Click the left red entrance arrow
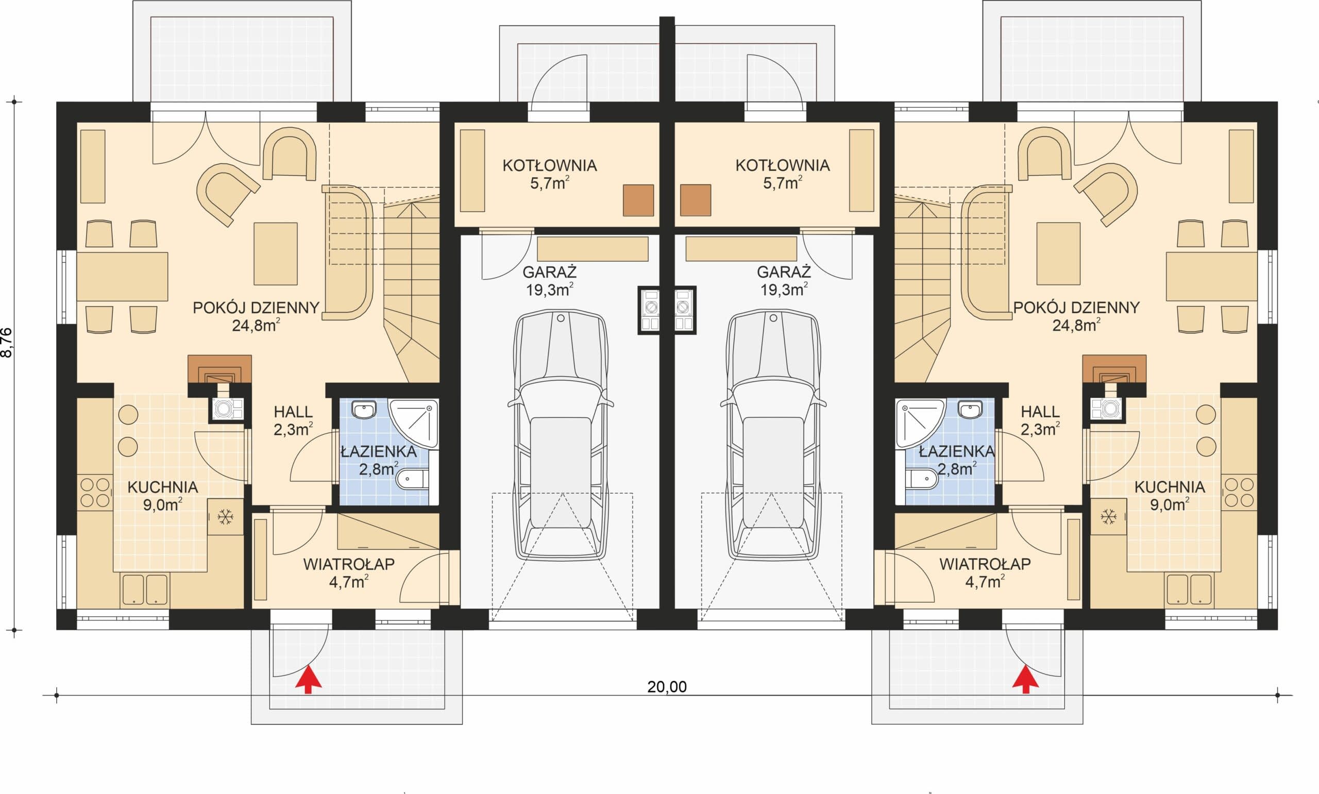(x=308, y=679)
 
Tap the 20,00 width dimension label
(x=667, y=687)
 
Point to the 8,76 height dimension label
(x=8, y=342)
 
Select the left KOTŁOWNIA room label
(x=549, y=165)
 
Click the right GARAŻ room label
(x=784, y=272)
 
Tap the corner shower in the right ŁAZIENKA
(x=920, y=423)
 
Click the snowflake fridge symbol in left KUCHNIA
(x=225, y=517)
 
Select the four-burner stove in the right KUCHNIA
(x=1239, y=492)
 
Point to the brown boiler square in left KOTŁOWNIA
(x=638, y=200)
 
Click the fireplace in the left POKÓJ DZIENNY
(x=219, y=369)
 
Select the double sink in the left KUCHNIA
(x=145, y=589)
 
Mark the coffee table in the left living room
(x=276, y=254)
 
